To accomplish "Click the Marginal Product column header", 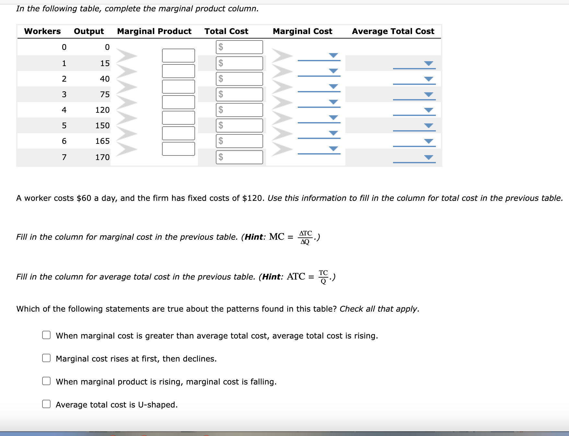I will [x=154, y=31].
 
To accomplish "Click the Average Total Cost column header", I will [x=393, y=31].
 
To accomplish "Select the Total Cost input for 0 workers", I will [x=239, y=47].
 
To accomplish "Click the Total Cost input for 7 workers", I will [x=239, y=157].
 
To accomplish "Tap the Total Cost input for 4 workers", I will [x=239, y=110].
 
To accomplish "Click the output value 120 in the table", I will [x=102, y=110].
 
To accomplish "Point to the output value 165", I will [x=102, y=141].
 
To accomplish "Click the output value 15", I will [x=105, y=63].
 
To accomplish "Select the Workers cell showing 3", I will [x=64, y=95].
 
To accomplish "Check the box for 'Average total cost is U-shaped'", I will [x=46, y=404].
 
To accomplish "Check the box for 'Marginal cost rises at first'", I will [x=46, y=358].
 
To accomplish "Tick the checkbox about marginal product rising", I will [x=46, y=381].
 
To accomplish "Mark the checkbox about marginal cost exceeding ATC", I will [x=46, y=335].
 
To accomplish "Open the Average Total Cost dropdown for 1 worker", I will [x=428, y=63].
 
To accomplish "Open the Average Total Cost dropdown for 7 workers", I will [x=428, y=157].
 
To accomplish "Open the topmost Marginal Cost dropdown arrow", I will [x=333, y=55].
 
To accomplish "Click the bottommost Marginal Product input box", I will [x=178, y=149].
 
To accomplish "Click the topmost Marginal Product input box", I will [x=178, y=55].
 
